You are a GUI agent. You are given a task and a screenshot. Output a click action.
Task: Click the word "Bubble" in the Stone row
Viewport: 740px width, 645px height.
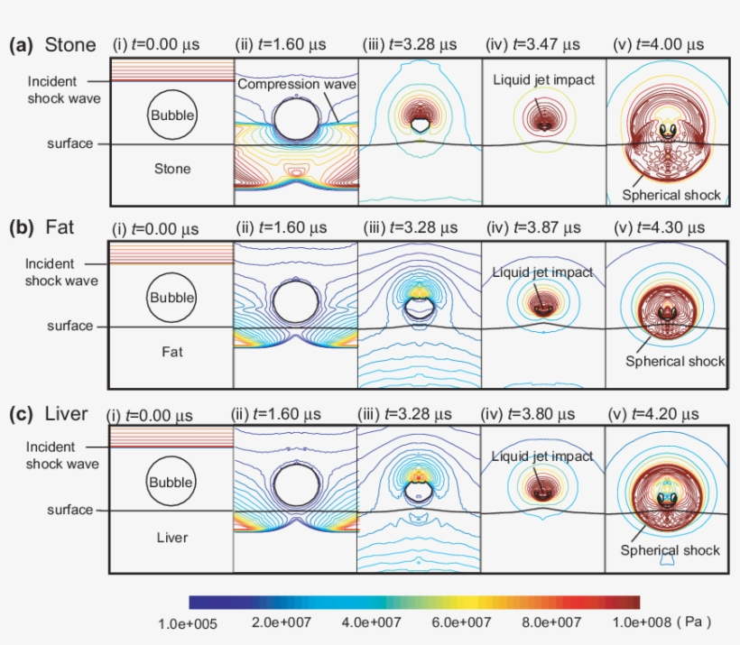click(171, 115)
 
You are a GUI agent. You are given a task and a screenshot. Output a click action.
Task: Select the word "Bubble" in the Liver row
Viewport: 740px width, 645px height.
click(171, 482)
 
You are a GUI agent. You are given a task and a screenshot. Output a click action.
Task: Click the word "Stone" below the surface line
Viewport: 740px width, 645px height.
click(171, 169)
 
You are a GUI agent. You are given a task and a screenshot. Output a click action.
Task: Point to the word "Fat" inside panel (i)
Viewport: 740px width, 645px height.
click(171, 352)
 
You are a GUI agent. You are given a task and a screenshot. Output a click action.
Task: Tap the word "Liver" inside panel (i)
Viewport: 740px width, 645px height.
click(171, 538)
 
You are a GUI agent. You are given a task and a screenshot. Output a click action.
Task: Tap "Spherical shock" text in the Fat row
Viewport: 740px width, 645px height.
click(674, 361)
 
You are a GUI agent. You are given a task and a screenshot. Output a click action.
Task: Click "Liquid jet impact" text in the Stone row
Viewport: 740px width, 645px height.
click(543, 80)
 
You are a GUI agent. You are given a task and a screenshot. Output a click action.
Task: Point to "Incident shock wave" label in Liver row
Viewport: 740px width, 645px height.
click(62, 456)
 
